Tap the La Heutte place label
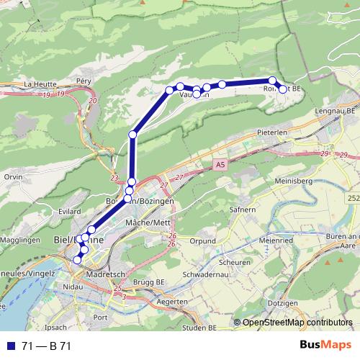click(40, 84)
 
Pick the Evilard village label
click(69, 212)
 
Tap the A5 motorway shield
click(218, 166)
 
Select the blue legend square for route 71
click(11, 346)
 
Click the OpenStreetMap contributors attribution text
click(296, 323)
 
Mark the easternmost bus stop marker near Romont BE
click(283, 89)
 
